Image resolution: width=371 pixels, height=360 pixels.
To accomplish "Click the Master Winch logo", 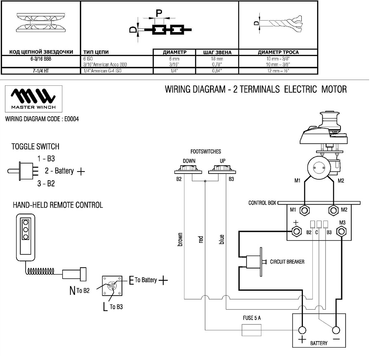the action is (x=33, y=99).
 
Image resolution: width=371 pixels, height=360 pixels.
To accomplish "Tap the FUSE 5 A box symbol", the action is (x=251, y=330).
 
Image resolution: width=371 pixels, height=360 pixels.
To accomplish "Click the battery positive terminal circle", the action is (x=302, y=330).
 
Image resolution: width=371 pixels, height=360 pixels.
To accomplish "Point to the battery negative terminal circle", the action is (x=336, y=330).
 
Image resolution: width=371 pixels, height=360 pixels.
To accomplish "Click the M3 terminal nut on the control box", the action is (x=341, y=231).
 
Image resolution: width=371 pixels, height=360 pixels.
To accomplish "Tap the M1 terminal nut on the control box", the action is (x=305, y=210).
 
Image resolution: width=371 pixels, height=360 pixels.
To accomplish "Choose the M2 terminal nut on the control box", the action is (x=333, y=210).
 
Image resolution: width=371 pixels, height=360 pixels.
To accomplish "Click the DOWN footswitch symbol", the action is (x=188, y=169).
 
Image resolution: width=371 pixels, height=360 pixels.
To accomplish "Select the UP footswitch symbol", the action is (x=222, y=169).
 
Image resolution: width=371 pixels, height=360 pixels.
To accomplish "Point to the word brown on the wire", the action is (x=180, y=239).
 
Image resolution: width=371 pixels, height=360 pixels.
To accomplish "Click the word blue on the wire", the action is (x=221, y=239).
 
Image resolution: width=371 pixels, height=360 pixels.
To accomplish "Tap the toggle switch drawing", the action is (x=23, y=171).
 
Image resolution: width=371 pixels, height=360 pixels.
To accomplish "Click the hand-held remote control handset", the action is (x=26, y=238).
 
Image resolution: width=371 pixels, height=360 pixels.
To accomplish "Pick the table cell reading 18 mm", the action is (x=217, y=59).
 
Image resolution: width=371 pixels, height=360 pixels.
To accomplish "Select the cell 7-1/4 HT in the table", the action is (x=41, y=71).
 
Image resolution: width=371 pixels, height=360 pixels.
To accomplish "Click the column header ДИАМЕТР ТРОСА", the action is (x=278, y=52).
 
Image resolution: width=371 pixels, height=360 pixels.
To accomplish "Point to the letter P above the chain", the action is (x=159, y=13).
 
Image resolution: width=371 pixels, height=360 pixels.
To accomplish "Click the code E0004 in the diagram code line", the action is (x=71, y=119).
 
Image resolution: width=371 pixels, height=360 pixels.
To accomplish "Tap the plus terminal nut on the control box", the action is (x=296, y=231).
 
